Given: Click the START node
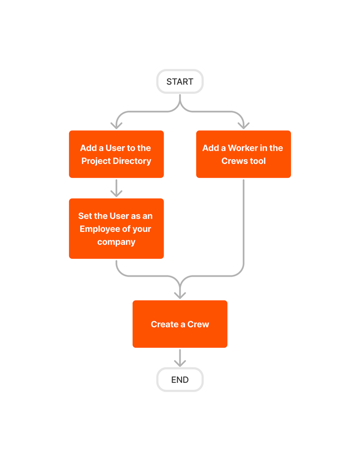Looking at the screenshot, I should pyautogui.click(x=179, y=81).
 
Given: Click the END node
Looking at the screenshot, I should pyautogui.click(x=179, y=380).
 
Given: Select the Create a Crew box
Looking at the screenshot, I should pyautogui.click(x=179, y=324).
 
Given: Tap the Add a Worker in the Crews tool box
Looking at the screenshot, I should pyautogui.click(x=243, y=154).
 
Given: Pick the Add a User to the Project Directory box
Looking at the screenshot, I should pyautogui.click(x=116, y=154).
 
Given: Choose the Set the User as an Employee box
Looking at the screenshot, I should pyautogui.click(x=116, y=229).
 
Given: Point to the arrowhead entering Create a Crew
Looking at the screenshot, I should pyautogui.click(x=180, y=294).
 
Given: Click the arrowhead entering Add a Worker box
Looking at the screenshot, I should pyautogui.click(x=244, y=125).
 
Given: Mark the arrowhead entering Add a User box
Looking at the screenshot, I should pyautogui.click(x=116, y=125).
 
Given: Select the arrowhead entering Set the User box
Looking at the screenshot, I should pyautogui.click(x=116, y=192).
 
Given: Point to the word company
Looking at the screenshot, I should pyautogui.click(x=116, y=242).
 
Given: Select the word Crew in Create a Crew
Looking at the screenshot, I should pyautogui.click(x=197, y=324).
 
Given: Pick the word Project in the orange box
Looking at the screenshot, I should pyautogui.click(x=95, y=161).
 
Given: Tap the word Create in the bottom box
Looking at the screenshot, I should pyautogui.click(x=164, y=324).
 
